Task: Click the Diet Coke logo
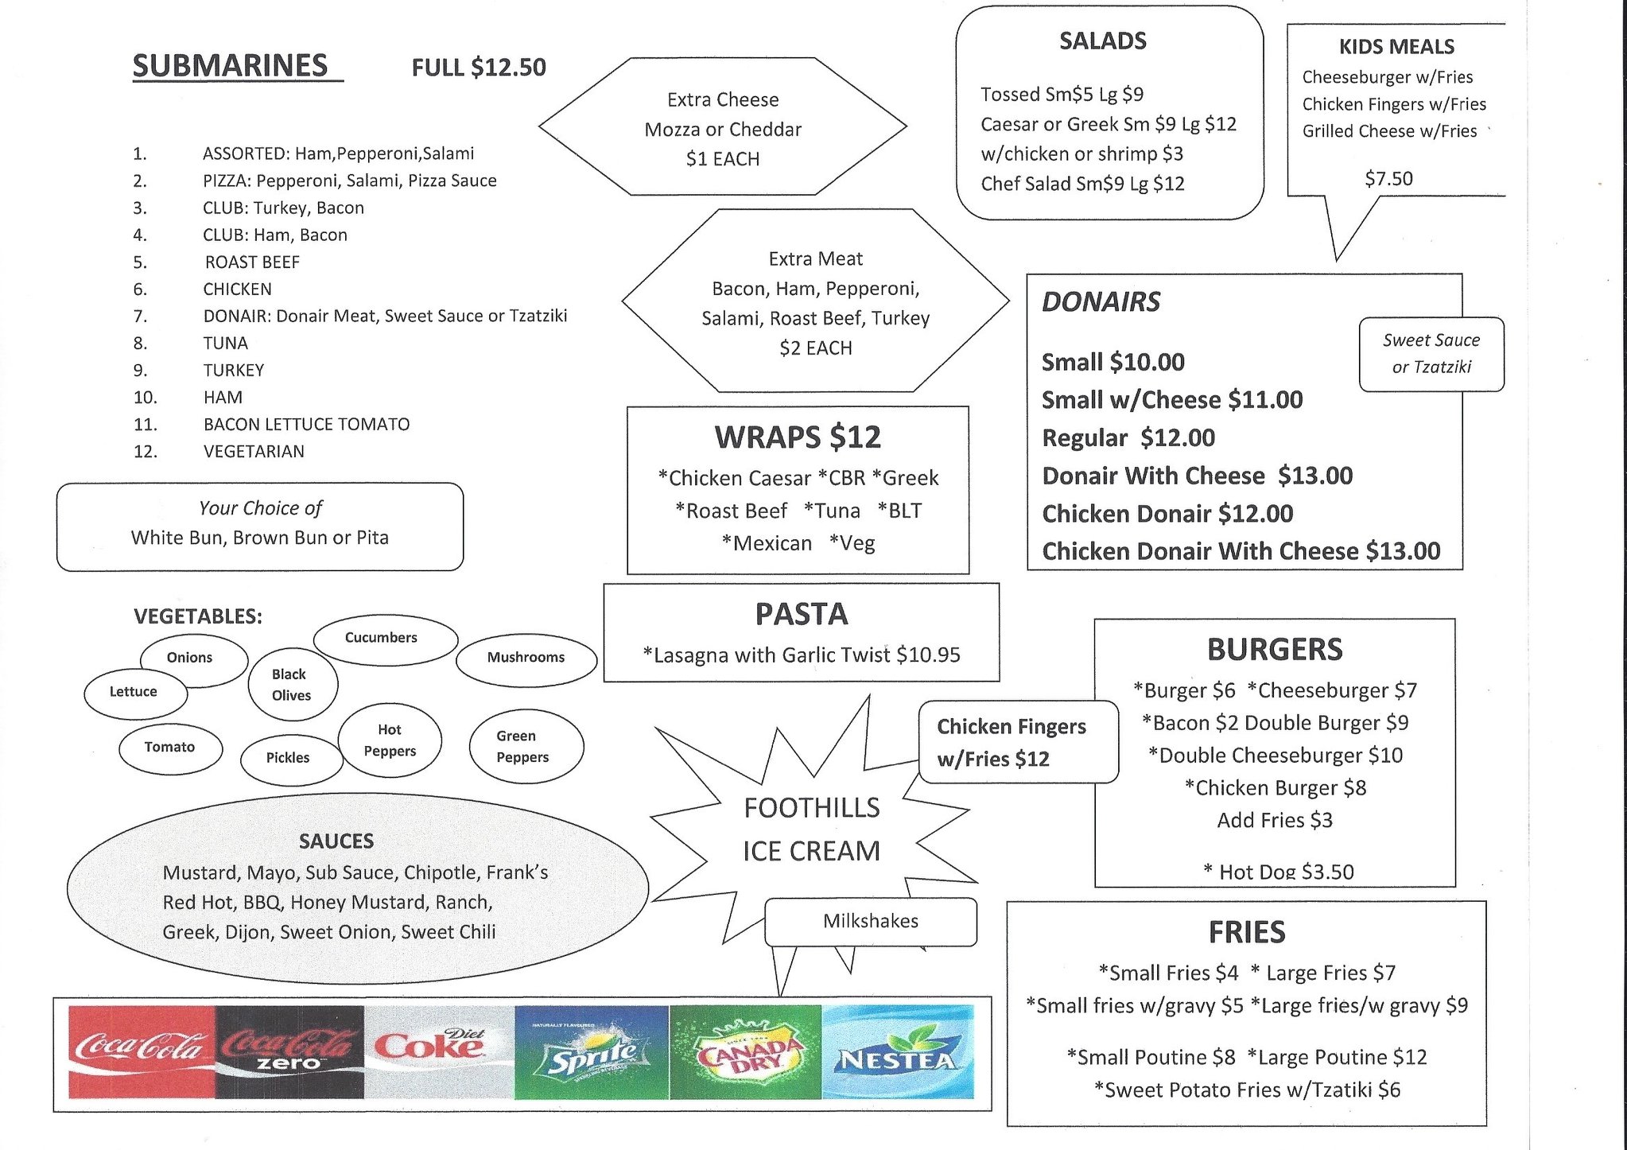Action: tap(439, 1051)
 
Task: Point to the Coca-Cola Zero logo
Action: tap(289, 1051)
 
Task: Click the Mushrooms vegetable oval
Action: tap(526, 658)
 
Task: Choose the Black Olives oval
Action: tap(291, 685)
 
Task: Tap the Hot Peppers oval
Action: tap(390, 740)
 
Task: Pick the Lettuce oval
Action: tap(134, 692)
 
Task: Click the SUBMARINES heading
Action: tap(231, 66)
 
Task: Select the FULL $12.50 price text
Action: tap(479, 68)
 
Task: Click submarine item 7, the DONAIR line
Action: tap(385, 316)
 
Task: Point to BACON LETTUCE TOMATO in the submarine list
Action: tap(306, 424)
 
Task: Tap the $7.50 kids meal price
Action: tap(1388, 179)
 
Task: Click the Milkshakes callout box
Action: tap(871, 921)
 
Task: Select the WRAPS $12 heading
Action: tap(798, 437)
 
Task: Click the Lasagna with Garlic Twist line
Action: tap(802, 655)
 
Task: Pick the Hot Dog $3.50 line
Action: tap(1279, 872)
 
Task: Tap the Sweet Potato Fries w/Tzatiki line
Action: tap(1247, 1090)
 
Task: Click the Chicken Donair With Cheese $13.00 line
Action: tap(1241, 551)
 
